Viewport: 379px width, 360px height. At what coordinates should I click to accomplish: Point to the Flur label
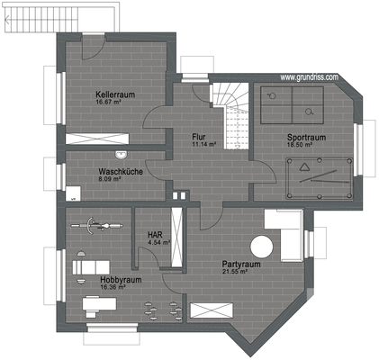pyautogui.click(x=200, y=137)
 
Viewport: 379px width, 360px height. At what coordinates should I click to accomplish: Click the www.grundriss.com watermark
pyautogui.click(x=309, y=77)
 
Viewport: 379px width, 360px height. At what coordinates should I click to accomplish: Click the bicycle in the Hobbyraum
pyautogui.click(x=95, y=226)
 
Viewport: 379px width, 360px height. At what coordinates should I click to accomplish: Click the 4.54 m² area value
pyautogui.click(x=154, y=242)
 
